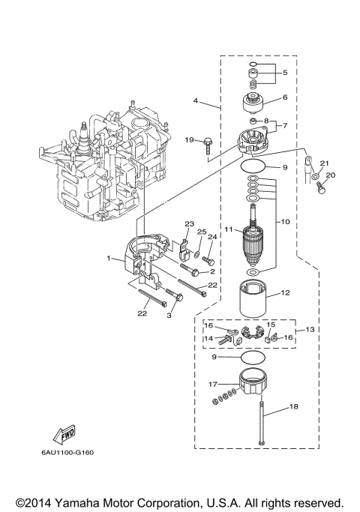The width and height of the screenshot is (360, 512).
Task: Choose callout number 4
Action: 195,100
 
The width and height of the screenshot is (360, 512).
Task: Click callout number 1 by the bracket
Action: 109,258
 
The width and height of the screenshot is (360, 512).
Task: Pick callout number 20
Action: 331,175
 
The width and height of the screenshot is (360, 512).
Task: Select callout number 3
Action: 169,317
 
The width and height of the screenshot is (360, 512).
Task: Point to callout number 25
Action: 200,232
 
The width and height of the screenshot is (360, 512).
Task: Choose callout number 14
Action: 211,338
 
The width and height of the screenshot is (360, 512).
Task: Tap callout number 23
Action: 190,223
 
